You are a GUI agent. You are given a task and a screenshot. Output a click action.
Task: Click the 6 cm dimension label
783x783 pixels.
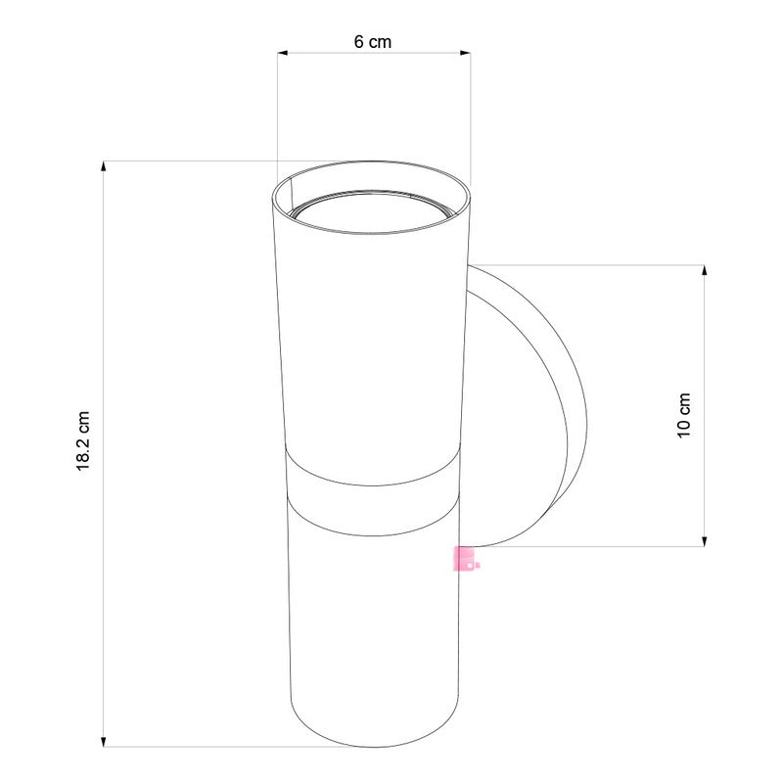click(372, 41)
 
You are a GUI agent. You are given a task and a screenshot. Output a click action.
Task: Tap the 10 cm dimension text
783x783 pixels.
click(684, 415)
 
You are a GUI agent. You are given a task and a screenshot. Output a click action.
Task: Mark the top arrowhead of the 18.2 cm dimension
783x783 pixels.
click(104, 165)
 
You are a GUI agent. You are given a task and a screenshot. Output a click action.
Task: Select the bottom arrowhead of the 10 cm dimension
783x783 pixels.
click(704, 540)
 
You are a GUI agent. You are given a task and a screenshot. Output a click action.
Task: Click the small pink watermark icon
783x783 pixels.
click(464, 559)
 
